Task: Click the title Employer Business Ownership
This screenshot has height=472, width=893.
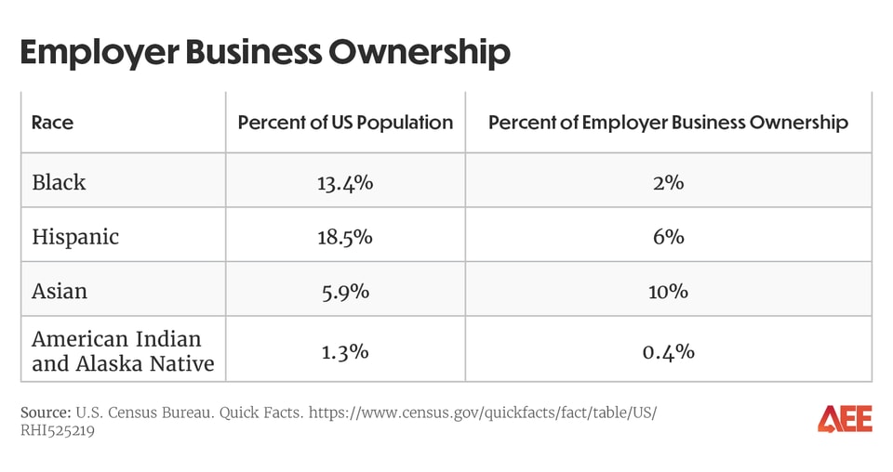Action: coord(265,52)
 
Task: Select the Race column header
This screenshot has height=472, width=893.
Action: coord(52,123)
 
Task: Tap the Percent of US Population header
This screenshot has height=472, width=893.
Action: coord(345,123)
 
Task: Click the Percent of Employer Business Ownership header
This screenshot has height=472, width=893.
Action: coord(668,123)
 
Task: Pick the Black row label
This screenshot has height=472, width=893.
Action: coord(59,182)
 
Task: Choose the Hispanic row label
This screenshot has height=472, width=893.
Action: coord(75,236)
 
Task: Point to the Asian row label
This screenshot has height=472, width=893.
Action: coord(59,291)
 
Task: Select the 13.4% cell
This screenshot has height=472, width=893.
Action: coord(345,182)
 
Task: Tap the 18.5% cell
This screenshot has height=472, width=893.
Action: coord(345,236)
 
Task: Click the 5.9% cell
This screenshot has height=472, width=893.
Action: coord(345,291)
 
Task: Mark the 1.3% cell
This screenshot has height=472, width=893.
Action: coord(345,351)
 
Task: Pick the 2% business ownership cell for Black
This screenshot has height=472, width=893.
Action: coord(668,182)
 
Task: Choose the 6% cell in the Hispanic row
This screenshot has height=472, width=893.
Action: coord(668,236)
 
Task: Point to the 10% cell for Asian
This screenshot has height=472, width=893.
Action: coord(668,291)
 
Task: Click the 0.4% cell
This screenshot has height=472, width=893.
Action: coord(668,351)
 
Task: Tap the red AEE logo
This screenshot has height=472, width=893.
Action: coord(845,419)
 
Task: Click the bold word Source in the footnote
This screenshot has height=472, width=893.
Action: coord(45,412)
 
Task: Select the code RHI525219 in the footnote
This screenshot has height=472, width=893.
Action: coord(58,430)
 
